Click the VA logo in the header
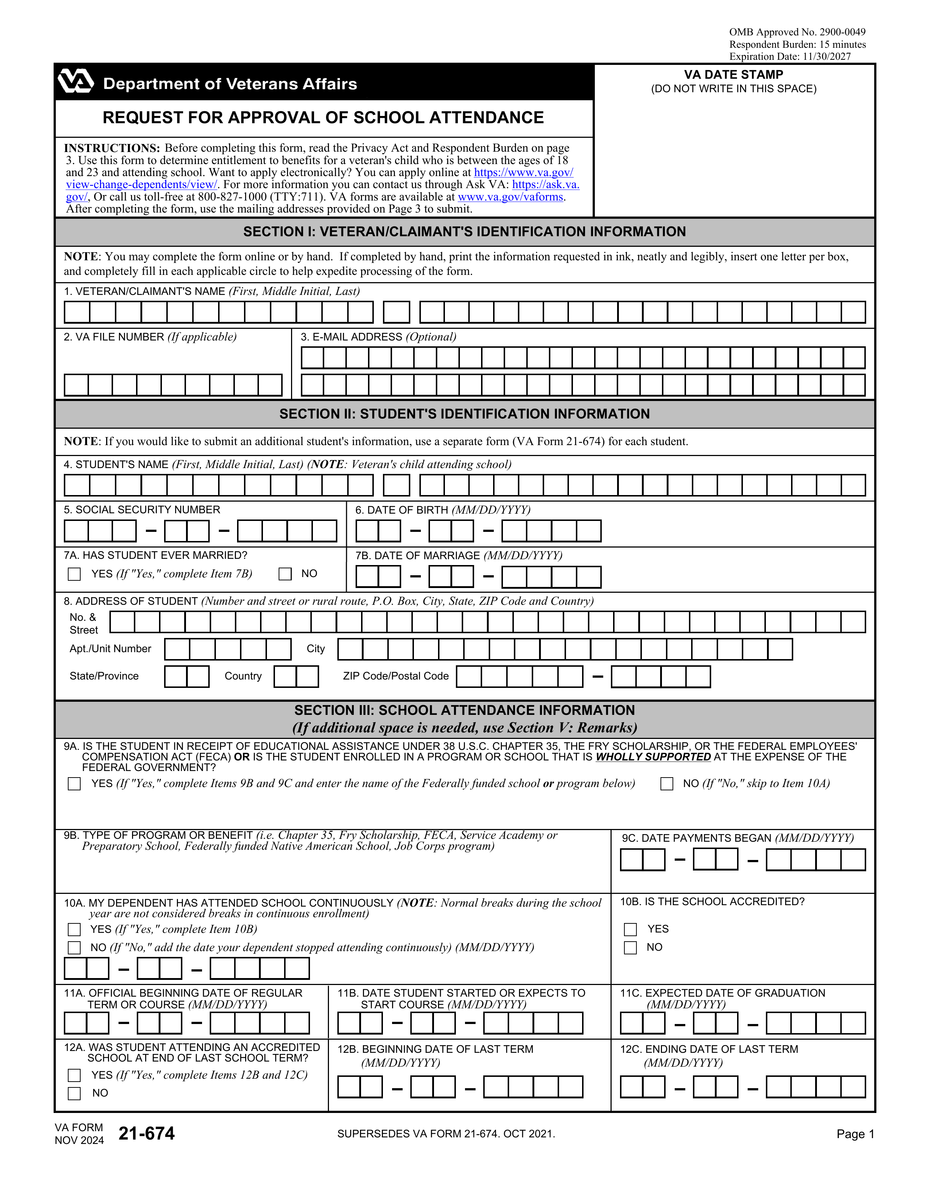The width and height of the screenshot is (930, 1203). coord(76,82)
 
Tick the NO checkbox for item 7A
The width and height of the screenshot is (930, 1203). coord(285,574)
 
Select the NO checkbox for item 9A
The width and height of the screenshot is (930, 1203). coord(667,784)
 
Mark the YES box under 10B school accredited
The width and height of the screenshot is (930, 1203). coord(630,929)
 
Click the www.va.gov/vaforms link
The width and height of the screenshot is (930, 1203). coord(510,196)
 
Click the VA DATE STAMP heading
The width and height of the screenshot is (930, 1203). coord(733,74)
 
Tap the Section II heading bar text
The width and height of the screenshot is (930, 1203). coord(464,414)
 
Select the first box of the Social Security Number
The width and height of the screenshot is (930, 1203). coord(77,531)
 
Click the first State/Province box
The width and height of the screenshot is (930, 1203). coord(176,676)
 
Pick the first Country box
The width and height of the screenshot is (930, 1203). coord(286,676)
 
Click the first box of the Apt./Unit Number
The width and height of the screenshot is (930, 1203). coord(177,649)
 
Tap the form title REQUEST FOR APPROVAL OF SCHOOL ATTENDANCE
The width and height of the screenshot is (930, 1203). coord(323,117)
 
